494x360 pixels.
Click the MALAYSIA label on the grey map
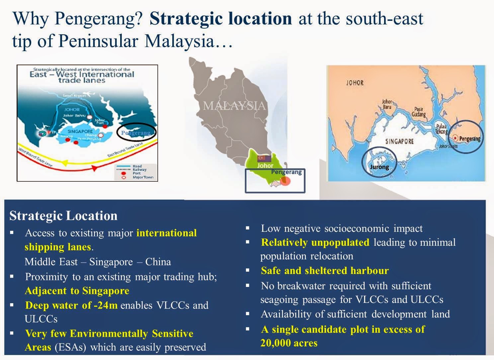234,106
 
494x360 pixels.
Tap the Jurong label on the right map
379,167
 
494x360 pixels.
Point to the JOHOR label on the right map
355,82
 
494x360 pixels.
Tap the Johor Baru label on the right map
387,104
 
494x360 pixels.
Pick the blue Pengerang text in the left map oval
135,133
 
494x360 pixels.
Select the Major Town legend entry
143,177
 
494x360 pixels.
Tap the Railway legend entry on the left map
139,169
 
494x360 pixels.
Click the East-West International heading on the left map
82,74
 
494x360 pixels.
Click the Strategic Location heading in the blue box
63,216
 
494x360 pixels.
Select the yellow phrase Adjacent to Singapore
77,291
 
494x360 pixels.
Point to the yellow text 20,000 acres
289,343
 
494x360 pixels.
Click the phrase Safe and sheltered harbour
325,271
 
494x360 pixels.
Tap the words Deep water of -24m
71,305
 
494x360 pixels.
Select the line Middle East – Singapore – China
98,262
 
